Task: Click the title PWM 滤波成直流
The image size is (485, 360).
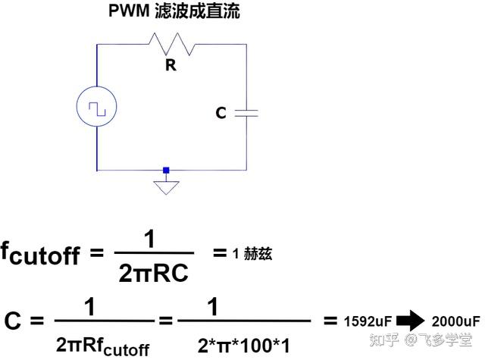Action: [x=174, y=13]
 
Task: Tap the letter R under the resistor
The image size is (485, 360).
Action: [x=171, y=66]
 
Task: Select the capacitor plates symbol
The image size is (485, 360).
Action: [x=246, y=113]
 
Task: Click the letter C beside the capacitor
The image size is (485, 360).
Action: [x=221, y=113]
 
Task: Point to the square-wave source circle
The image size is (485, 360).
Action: [x=97, y=108]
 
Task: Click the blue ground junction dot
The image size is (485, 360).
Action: [x=166, y=171]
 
